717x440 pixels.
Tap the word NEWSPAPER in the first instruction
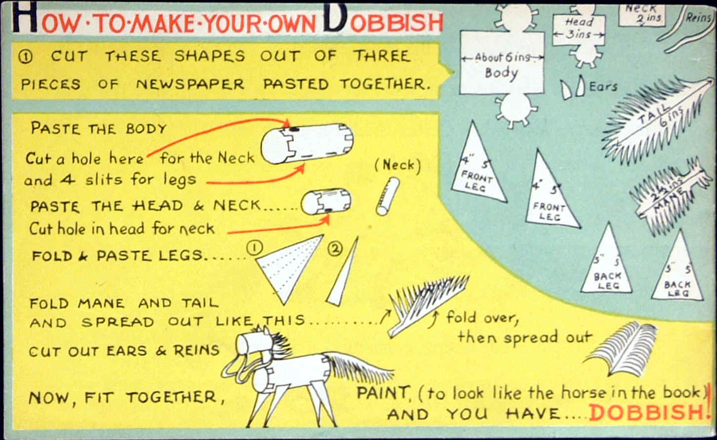click(x=190, y=84)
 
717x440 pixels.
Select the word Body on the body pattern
click(x=501, y=74)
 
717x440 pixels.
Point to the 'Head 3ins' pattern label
click(x=579, y=28)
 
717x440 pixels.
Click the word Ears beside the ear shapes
click(x=603, y=87)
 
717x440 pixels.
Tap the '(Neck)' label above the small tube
click(x=398, y=165)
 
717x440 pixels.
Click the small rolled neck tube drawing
click(x=388, y=197)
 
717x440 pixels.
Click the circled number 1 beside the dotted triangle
click(x=255, y=248)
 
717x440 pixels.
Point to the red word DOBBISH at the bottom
click(x=646, y=412)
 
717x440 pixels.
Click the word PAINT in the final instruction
click(x=383, y=393)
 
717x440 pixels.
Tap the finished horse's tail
click(x=358, y=368)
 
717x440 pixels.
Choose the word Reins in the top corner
click(x=698, y=17)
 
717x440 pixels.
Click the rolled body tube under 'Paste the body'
click(x=307, y=143)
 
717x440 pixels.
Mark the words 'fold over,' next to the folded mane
click(x=482, y=318)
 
